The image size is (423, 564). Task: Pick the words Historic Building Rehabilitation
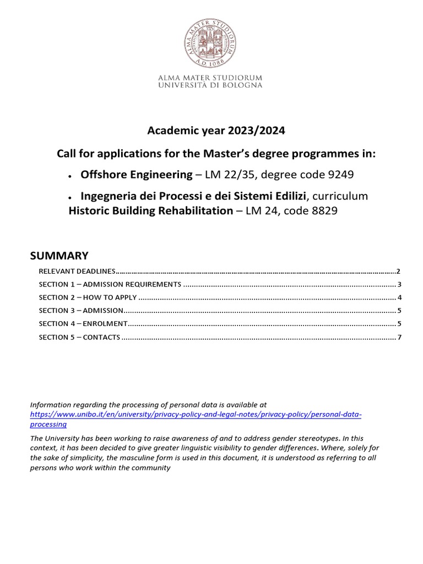[x=150, y=210]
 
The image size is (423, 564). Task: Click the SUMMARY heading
[x=59, y=255]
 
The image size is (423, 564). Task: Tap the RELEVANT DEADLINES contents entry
[x=77, y=272]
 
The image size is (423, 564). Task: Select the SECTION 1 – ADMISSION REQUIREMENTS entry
[x=110, y=285]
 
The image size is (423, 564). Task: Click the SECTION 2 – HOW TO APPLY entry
[x=88, y=297]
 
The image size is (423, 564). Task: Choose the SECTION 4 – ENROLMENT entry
[x=83, y=323]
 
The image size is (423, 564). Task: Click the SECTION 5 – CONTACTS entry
[x=79, y=337]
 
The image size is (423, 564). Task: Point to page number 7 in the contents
[x=399, y=337]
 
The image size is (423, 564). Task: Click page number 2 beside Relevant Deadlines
[x=398, y=272]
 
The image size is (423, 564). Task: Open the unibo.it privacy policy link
[x=196, y=414]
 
